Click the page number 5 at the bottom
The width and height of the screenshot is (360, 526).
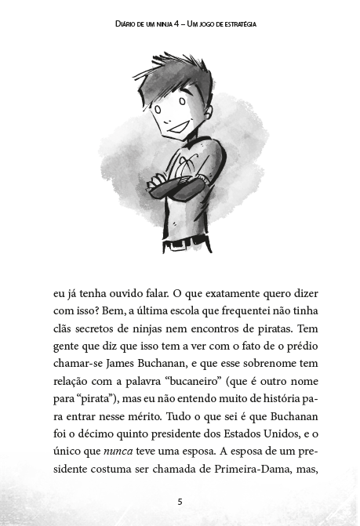(x=180, y=501)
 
